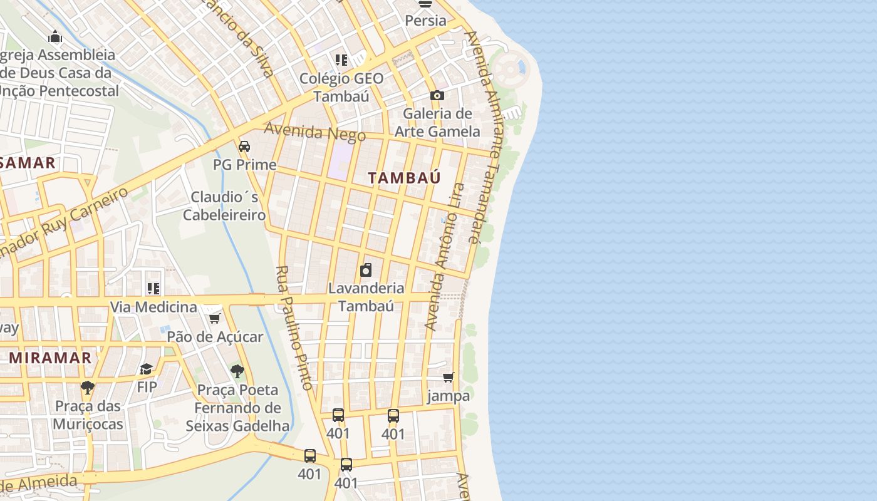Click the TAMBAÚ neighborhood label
pyautogui.click(x=404, y=178)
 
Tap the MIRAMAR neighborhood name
pyautogui.click(x=50, y=358)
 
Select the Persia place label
pyautogui.click(x=425, y=21)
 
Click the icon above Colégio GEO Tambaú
pyautogui.click(x=341, y=60)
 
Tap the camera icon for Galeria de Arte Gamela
pyautogui.click(x=437, y=96)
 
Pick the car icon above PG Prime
pyautogui.click(x=244, y=147)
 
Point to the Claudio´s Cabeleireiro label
pyautogui.click(x=224, y=206)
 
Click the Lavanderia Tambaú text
pyautogui.click(x=366, y=297)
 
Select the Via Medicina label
pyautogui.click(x=153, y=307)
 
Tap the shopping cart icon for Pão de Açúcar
pyautogui.click(x=214, y=319)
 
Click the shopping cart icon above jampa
pyautogui.click(x=448, y=378)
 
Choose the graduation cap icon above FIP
pyautogui.click(x=147, y=369)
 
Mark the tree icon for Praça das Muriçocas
pyautogui.click(x=88, y=388)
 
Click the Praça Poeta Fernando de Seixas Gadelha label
pyautogui.click(x=237, y=408)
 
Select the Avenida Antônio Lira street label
pyautogui.click(x=444, y=257)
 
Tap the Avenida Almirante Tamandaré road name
pyautogui.click(x=482, y=138)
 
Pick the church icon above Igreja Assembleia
pyautogui.click(x=55, y=36)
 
